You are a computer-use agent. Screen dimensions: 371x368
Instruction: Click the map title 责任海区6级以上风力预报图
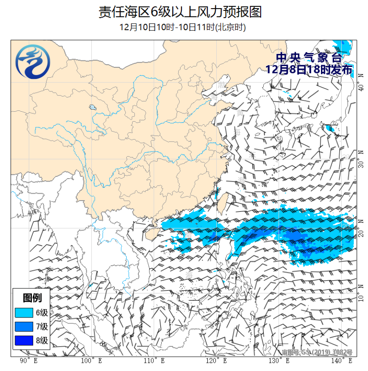180,12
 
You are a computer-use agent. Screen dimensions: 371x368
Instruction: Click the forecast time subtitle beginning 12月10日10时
182,27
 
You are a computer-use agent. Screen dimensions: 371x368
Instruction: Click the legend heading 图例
32,298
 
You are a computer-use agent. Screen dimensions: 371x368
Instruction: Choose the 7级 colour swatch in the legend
24,327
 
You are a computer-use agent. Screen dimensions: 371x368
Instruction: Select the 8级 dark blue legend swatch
24,340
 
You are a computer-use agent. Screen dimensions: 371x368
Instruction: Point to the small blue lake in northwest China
92,107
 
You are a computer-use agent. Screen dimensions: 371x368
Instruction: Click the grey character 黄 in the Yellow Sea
239,113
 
